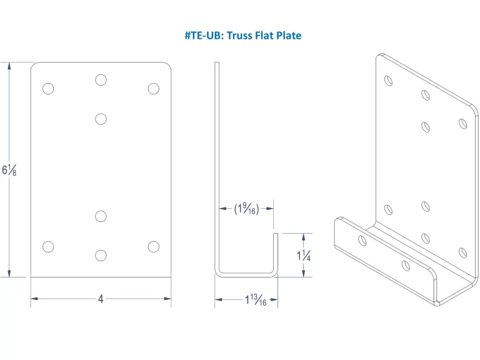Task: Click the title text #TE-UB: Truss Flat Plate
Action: [242, 36]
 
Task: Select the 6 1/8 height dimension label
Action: [9, 169]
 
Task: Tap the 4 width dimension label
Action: [101, 299]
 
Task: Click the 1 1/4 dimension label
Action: [304, 255]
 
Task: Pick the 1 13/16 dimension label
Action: [255, 301]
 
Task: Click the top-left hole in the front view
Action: [48, 89]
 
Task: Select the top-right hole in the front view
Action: [154, 89]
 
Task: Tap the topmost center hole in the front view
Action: [101, 80]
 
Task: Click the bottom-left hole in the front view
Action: [48, 246]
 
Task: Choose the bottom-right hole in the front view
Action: [154, 246]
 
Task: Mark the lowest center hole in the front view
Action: [101, 255]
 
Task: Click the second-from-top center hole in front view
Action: [101, 119]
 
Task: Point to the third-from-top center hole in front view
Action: [101, 216]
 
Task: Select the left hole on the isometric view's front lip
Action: [362, 239]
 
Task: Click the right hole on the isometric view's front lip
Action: [406, 266]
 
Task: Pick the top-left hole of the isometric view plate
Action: [389, 81]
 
